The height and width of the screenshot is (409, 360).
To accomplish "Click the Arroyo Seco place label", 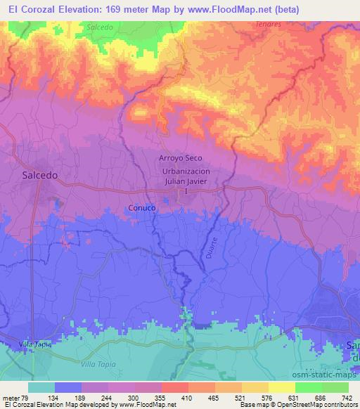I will pyautogui.click(x=185, y=160).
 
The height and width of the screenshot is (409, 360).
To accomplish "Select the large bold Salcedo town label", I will pyautogui.click(x=39, y=176).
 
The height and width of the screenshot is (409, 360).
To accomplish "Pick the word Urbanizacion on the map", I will pyautogui.click(x=186, y=171).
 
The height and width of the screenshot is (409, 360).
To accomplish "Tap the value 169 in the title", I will pyautogui.click(x=126, y=9).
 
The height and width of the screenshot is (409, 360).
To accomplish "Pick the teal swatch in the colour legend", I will pyautogui.click(x=41, y=387).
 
